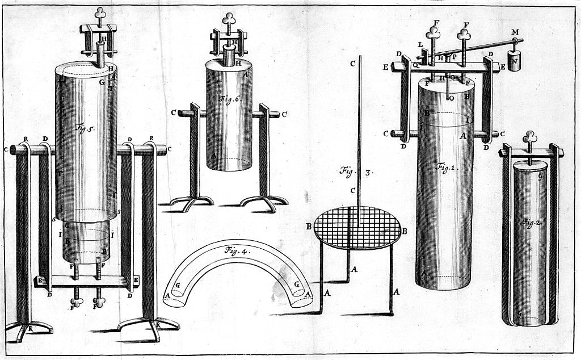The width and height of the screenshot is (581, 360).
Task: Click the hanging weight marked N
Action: click(514, 61)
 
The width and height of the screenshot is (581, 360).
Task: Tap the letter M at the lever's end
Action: click(515, 33)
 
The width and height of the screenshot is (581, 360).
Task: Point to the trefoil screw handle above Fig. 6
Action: click(230, 18)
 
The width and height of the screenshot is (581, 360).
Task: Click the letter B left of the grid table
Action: click(310, 227)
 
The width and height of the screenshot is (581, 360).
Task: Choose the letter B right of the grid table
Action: click(405, 231)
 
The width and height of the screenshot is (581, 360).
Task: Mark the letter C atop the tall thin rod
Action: click(352, 63)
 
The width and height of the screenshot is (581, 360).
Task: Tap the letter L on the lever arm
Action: click(420, 45)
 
